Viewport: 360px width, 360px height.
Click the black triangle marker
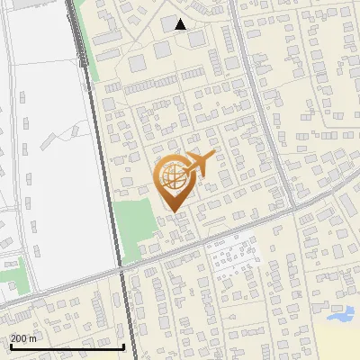click(181, 24)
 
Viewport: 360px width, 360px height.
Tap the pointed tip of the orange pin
click(173, 212)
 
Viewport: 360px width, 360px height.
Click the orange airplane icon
click(200, 164)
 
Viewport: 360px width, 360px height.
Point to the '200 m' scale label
click(23, 338)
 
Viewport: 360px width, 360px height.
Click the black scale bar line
click(67, 347)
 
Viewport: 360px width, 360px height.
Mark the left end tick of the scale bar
click(10, 346)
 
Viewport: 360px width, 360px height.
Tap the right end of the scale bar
click(123, 346)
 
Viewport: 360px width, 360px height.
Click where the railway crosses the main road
click(121, 271)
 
